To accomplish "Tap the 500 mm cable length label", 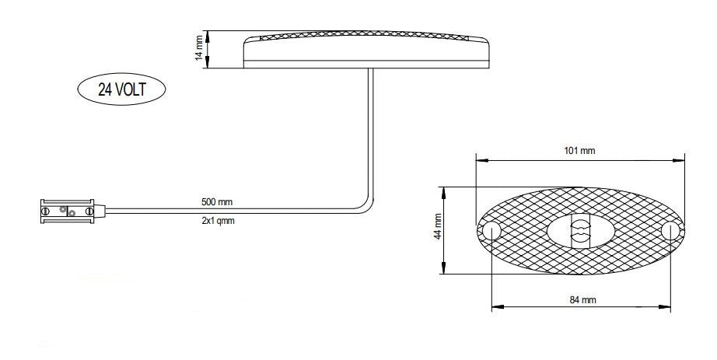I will [217, 202].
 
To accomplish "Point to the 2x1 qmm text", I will [218, 221].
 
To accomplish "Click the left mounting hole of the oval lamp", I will [491, 231].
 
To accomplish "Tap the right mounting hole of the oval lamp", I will [670, 231].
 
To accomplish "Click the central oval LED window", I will [580, 231].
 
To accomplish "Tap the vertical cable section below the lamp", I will [370, 132].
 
